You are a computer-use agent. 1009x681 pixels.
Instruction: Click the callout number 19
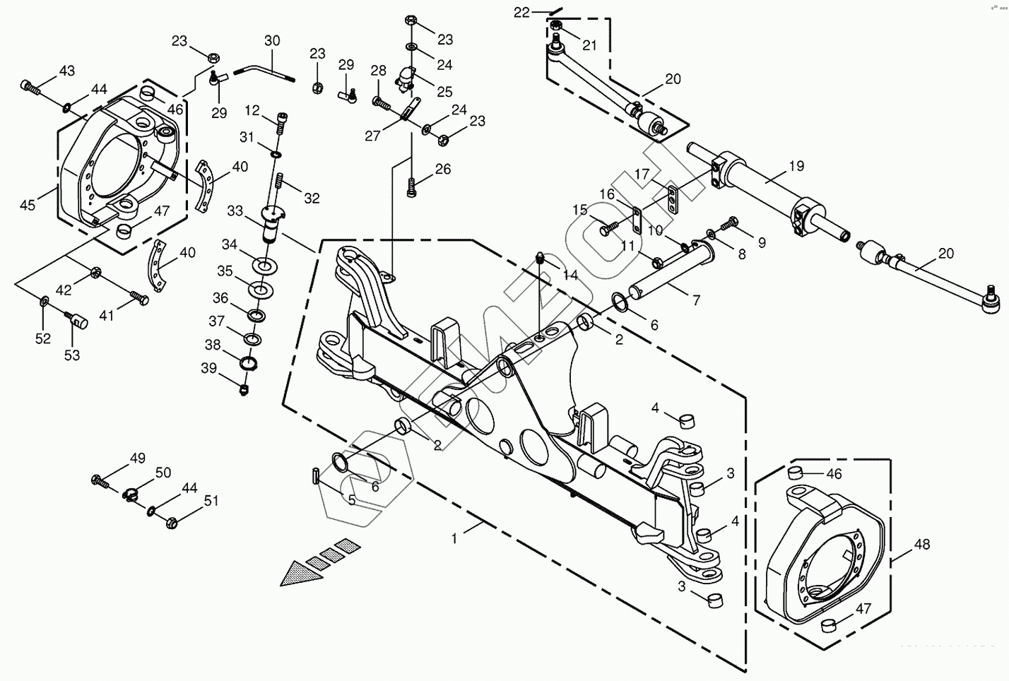click(x=796, y=167)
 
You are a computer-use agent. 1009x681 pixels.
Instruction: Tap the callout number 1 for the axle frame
click(x=454, y=538)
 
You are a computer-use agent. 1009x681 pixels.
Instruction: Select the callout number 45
click(x=27, y=206)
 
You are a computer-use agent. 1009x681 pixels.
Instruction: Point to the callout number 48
click(x=921, y=545)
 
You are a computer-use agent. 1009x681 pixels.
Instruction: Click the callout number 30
click(x=272, y=41)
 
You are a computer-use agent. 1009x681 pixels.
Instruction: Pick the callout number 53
click(x=73, y=355)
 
